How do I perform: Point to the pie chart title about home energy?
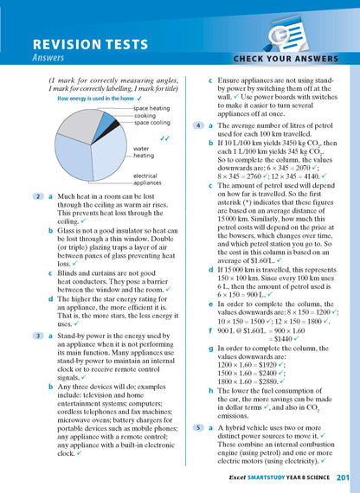click(x=85, y=99)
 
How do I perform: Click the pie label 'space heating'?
click(x=151, y=108)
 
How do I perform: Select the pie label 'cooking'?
click(x=145, y=115)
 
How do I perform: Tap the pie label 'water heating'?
click(x=144, y=152)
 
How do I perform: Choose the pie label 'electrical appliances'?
click(x=150, y=179)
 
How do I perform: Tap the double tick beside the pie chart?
click(x=164, y=137)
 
